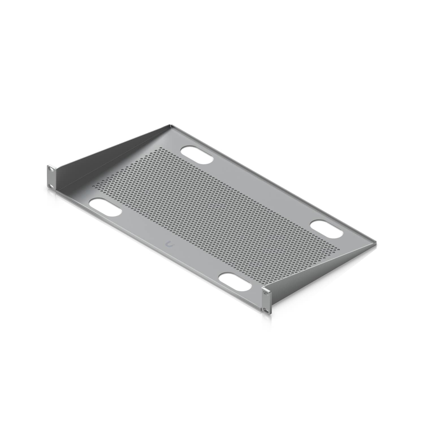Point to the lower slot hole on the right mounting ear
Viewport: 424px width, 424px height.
coord(267,310)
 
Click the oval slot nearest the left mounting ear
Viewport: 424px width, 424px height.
coord(105,207)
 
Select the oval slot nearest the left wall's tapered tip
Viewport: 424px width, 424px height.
coord(197,155)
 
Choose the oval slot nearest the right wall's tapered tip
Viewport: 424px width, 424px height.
coord(326,229)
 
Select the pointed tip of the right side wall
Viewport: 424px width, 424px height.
coord(376,243)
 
